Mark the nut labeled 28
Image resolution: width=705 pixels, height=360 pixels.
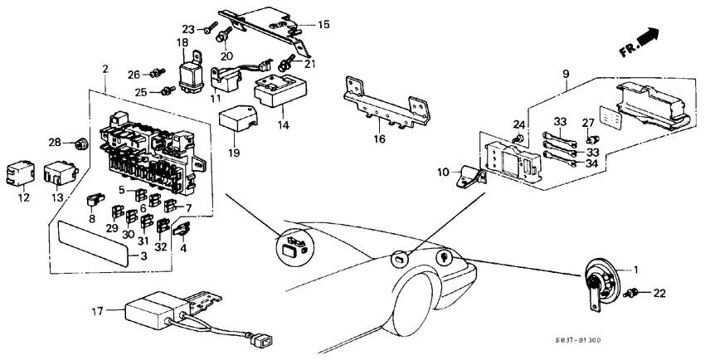80,144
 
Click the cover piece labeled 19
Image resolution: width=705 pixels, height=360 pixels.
237,119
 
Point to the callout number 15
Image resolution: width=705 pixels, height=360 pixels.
323,25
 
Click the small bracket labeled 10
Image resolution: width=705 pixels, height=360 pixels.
470,178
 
